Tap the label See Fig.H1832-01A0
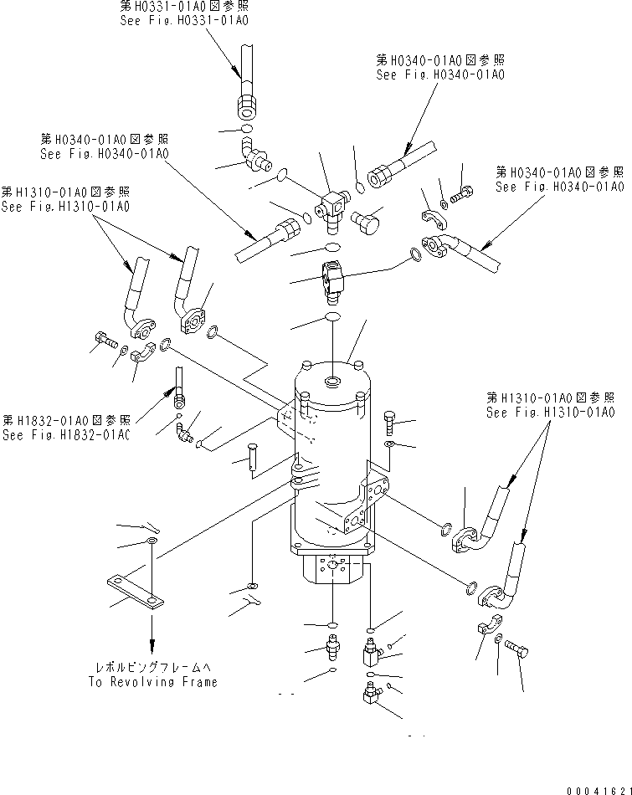click(66, 434)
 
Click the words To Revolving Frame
click(152, 681)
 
